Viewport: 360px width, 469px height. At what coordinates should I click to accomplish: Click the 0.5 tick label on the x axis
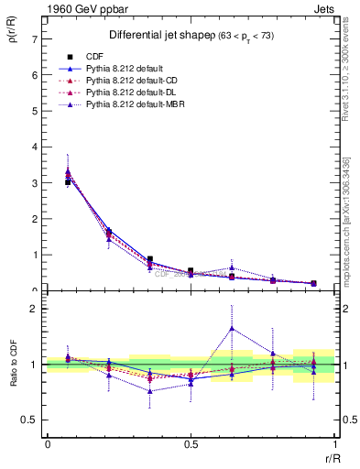(x=191, y=443)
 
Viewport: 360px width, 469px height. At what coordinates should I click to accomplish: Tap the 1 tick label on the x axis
(x=334, y=443)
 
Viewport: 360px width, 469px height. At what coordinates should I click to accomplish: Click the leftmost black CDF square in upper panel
(x=68, y=182)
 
